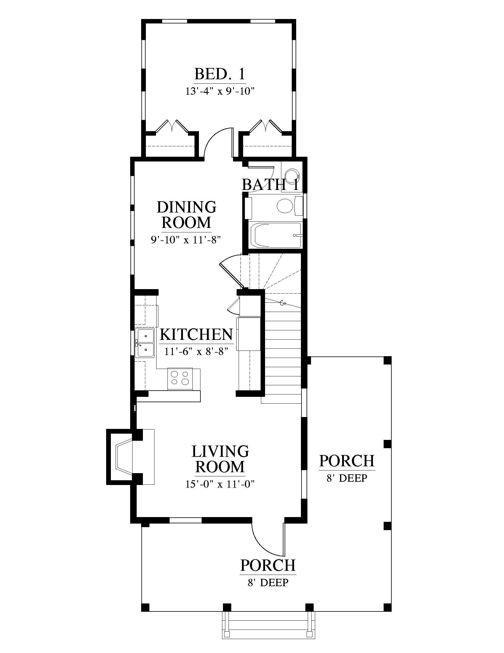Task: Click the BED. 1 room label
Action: (220, 74)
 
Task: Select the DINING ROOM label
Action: (186, 215)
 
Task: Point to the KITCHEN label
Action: (196, 335)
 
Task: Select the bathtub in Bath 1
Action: (276, 235)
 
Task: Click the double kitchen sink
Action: (145, 343)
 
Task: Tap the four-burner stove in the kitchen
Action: (180, 378)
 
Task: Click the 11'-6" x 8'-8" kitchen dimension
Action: (196, 351)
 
